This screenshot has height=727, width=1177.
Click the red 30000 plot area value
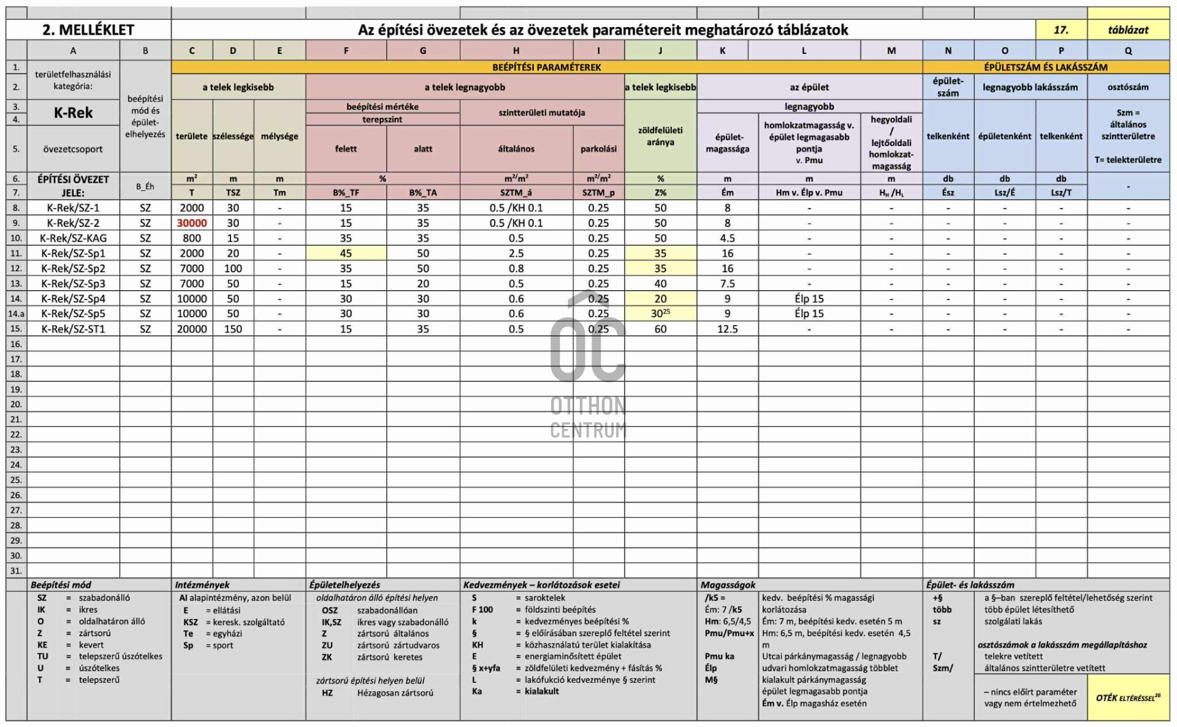point(192,223)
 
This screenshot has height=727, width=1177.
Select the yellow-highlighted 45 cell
point(346,253)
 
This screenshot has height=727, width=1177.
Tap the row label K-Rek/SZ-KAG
point(73,238)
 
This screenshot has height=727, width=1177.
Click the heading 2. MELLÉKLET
point(88,29)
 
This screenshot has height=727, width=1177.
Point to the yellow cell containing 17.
point(1061,29)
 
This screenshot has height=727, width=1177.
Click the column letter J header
point(660,51)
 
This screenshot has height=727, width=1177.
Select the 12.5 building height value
point(727,329)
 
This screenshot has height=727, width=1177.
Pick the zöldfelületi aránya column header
point(660,136)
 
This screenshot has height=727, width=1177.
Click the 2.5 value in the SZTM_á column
point(516,253)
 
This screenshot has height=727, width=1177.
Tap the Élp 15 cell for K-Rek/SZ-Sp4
point(809,299)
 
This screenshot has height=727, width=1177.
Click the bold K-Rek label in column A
point(73,113)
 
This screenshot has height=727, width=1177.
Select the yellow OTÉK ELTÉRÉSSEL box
point(1128,698)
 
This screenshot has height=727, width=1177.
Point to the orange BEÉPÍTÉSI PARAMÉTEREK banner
point(546,67)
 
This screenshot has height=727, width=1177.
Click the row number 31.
point(16,571)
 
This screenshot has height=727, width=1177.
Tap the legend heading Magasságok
point(728,585)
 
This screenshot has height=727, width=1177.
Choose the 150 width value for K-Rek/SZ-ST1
point(233,329)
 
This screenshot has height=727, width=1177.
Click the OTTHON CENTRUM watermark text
point(588,418)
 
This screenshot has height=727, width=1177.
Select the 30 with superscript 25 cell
point(660,313)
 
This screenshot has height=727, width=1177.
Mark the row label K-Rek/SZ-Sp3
point(73,283)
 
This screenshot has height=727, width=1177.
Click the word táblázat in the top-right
point(1128,29)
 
